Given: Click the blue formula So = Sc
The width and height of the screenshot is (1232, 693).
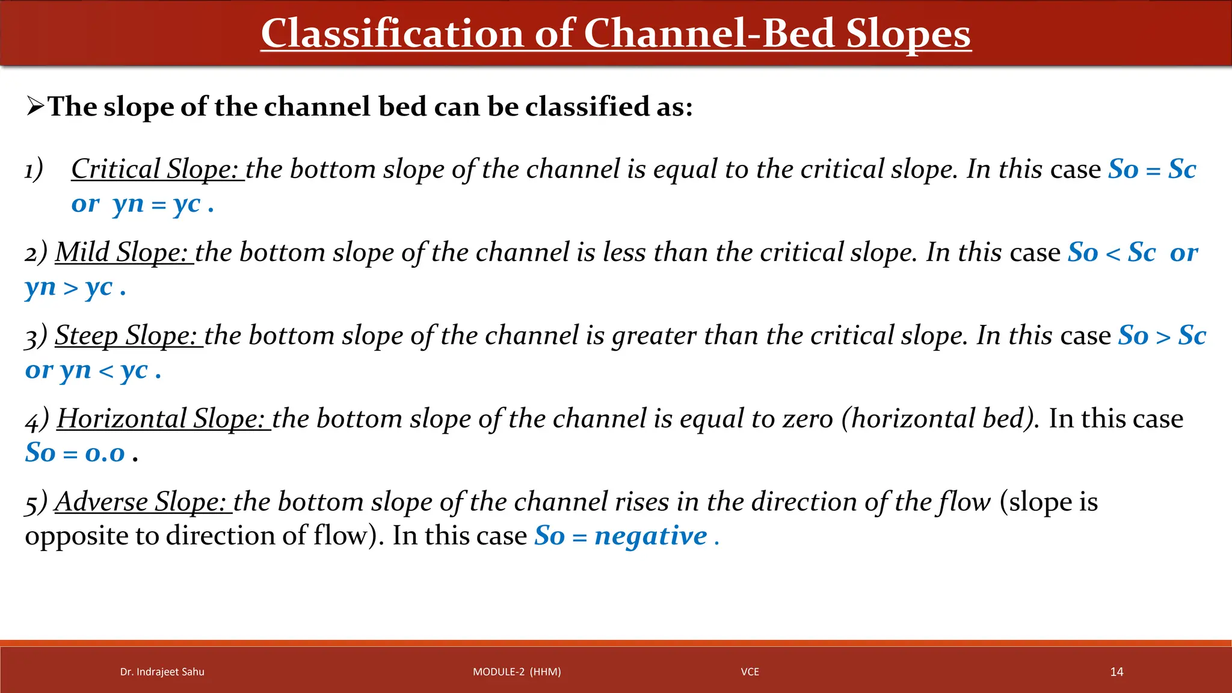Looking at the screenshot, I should click(1151, 169).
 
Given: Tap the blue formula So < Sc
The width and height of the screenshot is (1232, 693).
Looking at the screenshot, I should click(1111, 253).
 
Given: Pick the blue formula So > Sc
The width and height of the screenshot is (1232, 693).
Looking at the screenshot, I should click(1162, 336).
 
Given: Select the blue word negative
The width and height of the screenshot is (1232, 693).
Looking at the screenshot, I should click(650, 536).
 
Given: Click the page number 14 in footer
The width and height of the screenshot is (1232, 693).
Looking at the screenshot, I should click(1116, 672).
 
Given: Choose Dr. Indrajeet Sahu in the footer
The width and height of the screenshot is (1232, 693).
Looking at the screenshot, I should click(162, 672).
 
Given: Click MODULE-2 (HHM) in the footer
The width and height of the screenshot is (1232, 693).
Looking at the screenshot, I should click(516, 672).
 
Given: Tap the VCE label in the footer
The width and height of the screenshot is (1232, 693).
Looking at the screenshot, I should click(750, 672).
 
